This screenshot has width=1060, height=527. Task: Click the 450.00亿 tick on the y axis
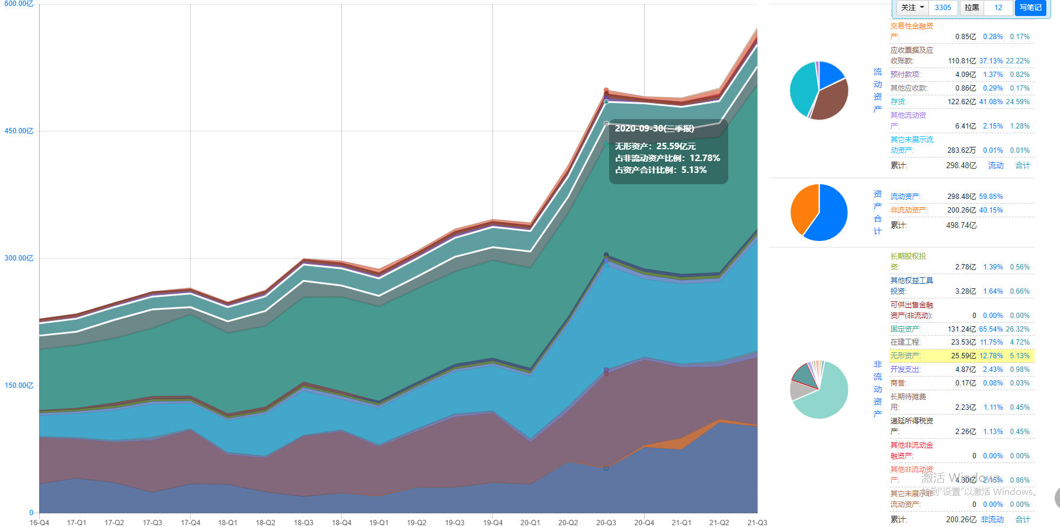pyautogui.click(x=19, y=131)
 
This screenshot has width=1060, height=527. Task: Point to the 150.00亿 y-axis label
pyautogui.click(x=19, y=385)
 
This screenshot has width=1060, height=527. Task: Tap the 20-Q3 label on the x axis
pyautogui.click(x=606, y=522)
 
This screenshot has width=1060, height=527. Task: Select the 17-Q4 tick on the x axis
pyautogui.click(x=190, y=522)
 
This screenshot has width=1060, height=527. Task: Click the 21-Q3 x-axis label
pyautogui.click(x=757, y=522)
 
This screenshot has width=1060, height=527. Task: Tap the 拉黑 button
pyautogui.click(x=972, y=8)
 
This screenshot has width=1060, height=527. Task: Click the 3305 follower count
pyautogui.click(x=943, y=8)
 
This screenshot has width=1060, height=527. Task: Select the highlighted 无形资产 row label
pyautogui.click(x=905, y=356)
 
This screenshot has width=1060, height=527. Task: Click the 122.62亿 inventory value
pyautogui.click(x=960, y=102)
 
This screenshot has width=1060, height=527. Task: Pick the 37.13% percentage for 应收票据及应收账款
pyautogui.click(x=991, y=61)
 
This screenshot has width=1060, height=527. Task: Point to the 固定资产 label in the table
pyautogui.click(x=905, y=329)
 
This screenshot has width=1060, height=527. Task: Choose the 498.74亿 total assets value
pyautogui.click(x=961, y=226)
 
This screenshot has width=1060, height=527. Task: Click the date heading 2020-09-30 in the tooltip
pyautogui.click(x=654, y=128)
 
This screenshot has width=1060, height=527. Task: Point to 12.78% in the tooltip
pyautogui.click(x=704, y=158)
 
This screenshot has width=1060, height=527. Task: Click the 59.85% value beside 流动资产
pyautogui.click(x=991, y=197)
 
